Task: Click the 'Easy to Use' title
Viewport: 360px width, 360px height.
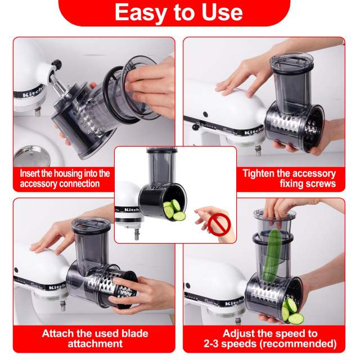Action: pyautogui.click(x=178, y=12)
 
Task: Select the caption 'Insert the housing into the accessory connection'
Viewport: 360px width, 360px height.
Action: pyautogui.click(x=65, y=178)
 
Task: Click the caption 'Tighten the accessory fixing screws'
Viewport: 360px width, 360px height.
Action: pyautogui.click(x=289, y=178)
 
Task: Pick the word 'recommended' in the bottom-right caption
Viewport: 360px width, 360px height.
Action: pyautogui.click(x=304, y=343)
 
